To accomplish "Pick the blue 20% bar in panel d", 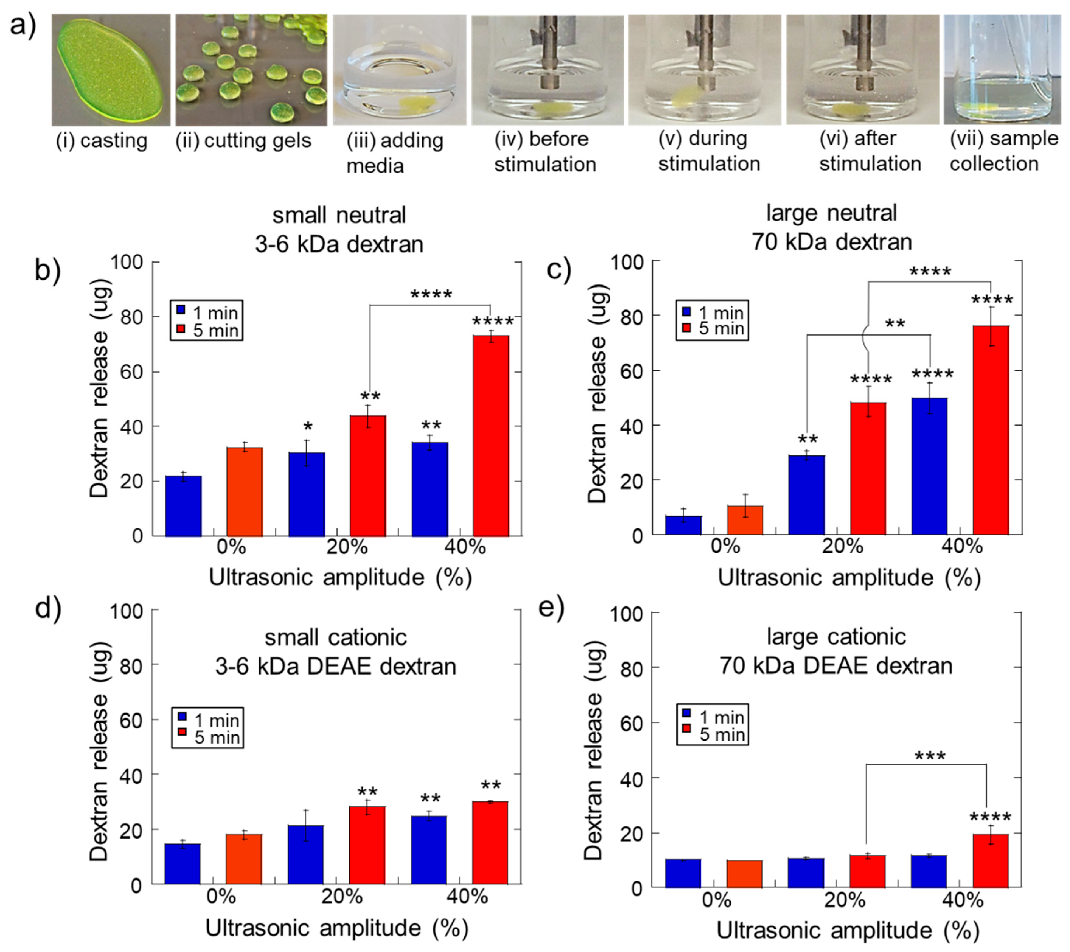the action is click(306, 855).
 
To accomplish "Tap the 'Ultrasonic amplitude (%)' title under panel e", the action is click(848, 930).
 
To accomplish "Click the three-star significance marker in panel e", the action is click(930, 756).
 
